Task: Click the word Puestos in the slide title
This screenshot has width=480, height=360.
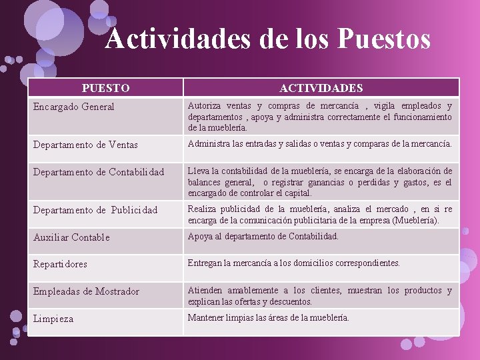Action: point(384,39)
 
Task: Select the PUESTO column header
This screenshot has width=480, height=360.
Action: point(105,88)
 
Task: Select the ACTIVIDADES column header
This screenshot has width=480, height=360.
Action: point(321,88)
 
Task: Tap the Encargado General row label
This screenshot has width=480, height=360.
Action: point(74,107)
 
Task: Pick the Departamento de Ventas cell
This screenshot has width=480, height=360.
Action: point(85,145)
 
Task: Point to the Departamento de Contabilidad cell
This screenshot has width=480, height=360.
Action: point(99,172)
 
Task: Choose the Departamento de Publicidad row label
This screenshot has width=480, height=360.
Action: point(95,210)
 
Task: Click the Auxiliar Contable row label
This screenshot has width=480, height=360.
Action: point(71,237)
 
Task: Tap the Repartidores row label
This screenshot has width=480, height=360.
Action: point(61,264)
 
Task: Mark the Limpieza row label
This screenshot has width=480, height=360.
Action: point(53,319)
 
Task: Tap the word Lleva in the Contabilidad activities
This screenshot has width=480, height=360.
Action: point(199,171)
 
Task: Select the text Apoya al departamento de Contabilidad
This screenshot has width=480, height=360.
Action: point(263,236)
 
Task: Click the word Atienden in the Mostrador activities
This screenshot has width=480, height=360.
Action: point(205,291)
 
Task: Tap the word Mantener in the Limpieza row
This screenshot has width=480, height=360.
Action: point(207,317)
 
